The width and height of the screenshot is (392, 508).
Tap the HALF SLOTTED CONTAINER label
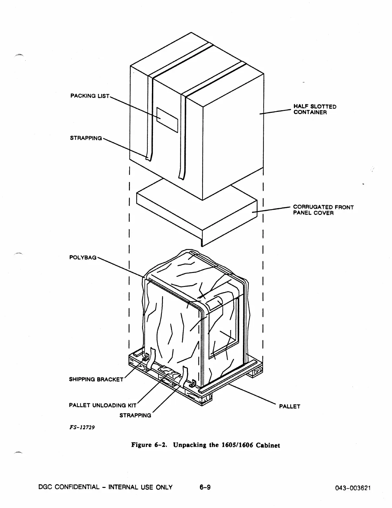point(315,110)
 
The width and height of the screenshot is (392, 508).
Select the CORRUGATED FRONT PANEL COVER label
point(323,210)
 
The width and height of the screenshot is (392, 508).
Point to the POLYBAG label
point(83,257)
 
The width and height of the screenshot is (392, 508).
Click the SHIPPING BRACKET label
point(96,379)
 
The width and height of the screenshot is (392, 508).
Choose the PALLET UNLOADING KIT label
point(102,405)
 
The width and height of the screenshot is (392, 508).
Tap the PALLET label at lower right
point(290,407)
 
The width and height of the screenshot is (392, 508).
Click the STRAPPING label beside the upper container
point(86,138)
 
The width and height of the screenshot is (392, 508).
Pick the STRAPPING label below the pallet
point(135,415)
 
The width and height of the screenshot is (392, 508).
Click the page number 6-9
point(205,487)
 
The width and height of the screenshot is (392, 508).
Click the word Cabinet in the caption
point(268,445)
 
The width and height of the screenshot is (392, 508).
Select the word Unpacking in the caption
point(190,445)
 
